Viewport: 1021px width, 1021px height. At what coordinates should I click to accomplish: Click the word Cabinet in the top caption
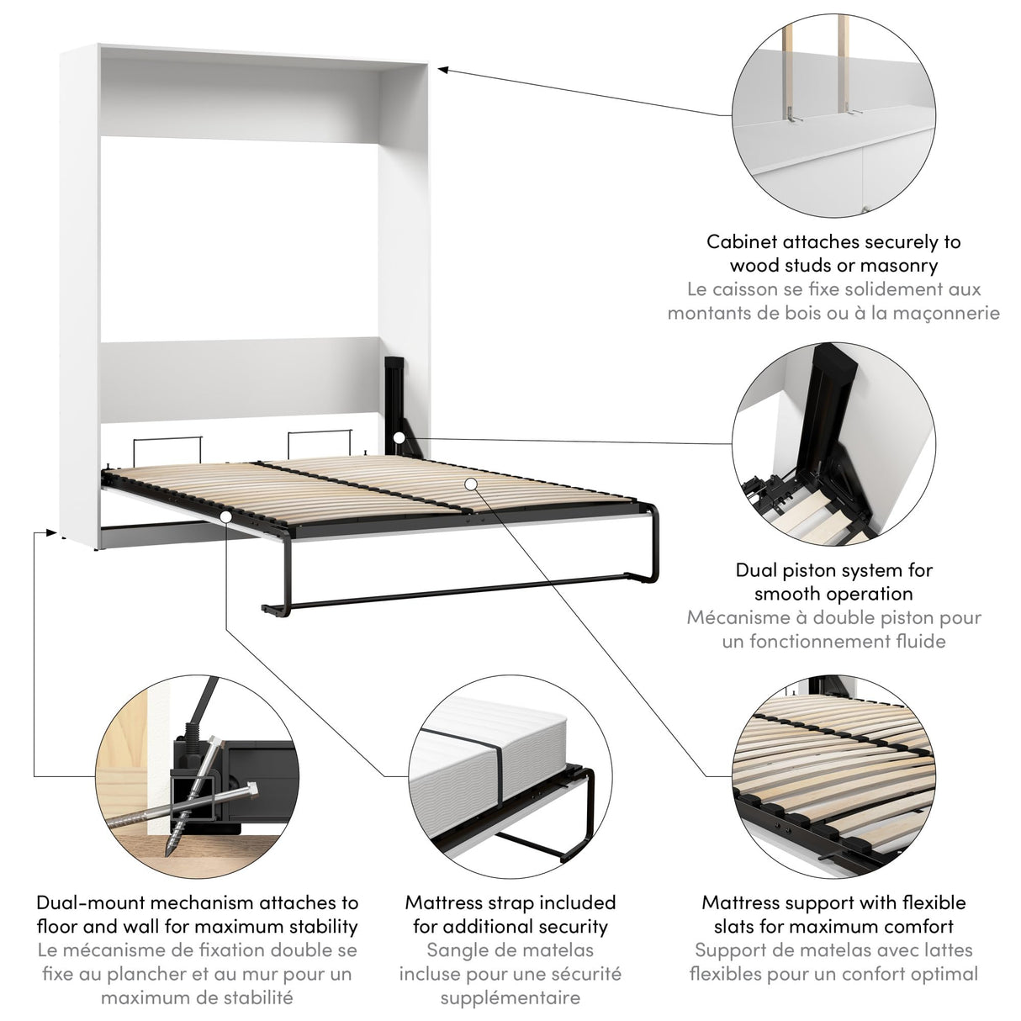click(x=741, y=242)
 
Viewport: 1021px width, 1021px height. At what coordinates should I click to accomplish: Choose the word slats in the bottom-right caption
click(x=737, y=927)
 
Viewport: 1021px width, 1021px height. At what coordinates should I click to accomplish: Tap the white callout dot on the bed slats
click(x=470, y=484)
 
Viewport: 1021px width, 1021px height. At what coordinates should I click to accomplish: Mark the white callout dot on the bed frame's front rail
click(x=226, y=516)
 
